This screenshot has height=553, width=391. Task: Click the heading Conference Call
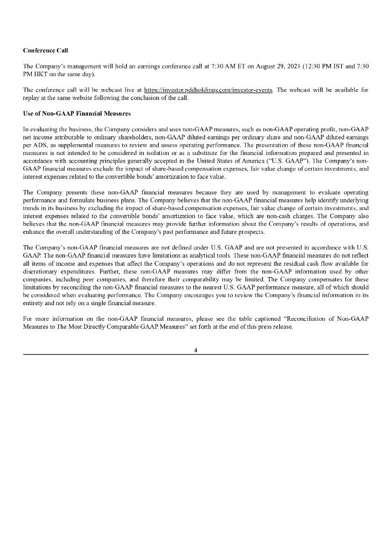(45, 50)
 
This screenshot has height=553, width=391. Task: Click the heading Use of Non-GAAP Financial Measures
(77, 113)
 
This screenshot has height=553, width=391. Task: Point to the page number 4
(195, 350)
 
